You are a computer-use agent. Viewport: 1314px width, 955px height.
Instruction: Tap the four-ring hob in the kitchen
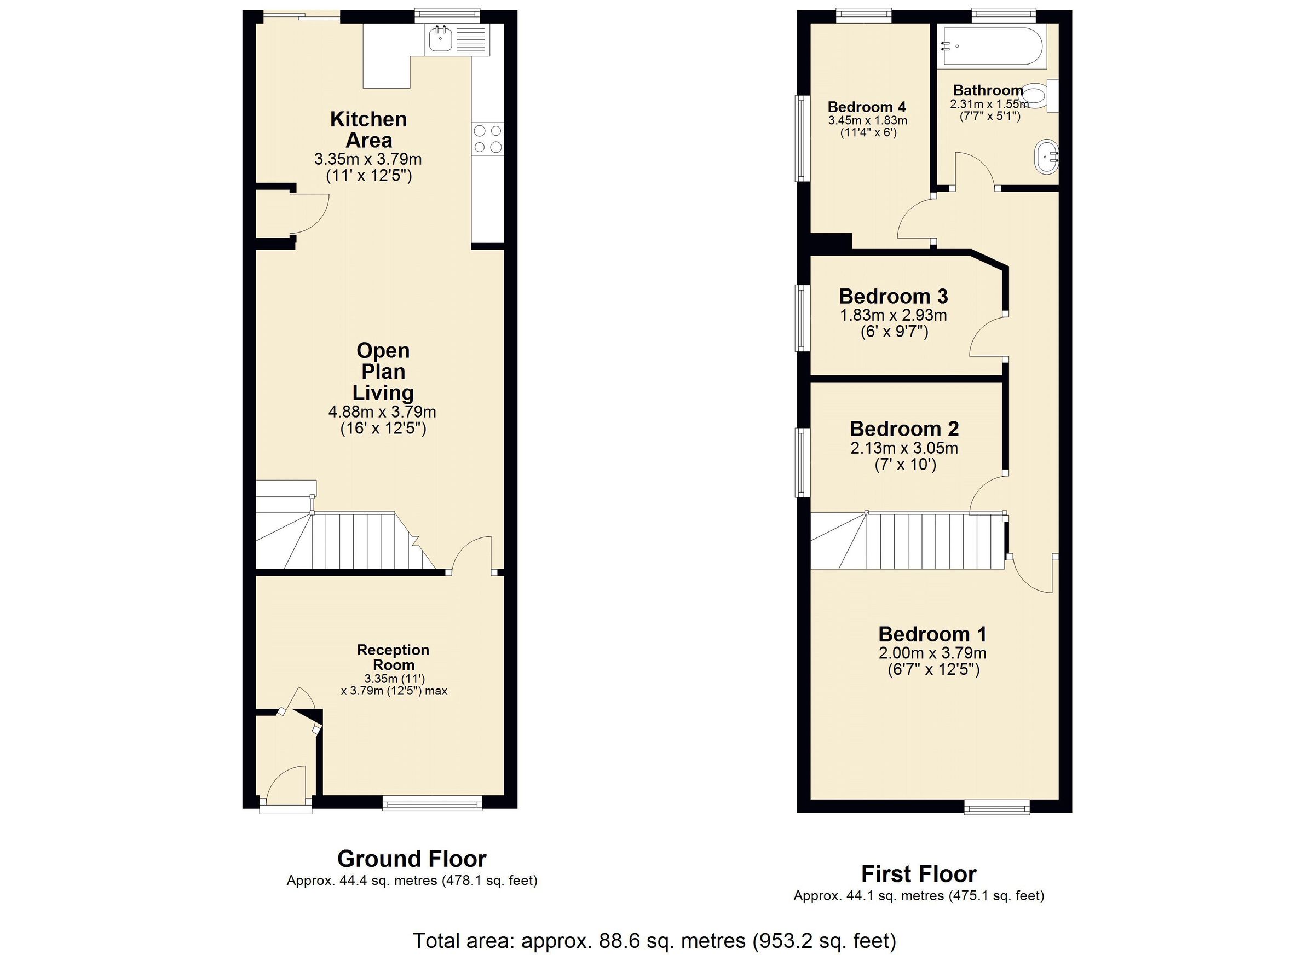(x=487, y=139)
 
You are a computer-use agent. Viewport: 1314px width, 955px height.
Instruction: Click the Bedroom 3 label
(x=893, y=297)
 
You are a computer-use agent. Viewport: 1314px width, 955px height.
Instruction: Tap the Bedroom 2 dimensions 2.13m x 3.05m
(x=904, y=448)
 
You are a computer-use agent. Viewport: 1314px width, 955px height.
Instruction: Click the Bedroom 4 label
(x=866, y=107)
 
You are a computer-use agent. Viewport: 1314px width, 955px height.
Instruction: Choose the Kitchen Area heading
(x=369, y=130)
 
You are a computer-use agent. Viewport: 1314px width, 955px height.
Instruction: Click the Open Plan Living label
(x=383, y=371)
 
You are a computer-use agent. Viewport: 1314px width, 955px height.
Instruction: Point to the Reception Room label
(x=393, y=657)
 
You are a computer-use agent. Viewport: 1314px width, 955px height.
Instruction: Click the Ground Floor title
(x=411, y=858)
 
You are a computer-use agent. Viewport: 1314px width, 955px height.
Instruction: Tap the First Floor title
(x=918, y=873)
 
